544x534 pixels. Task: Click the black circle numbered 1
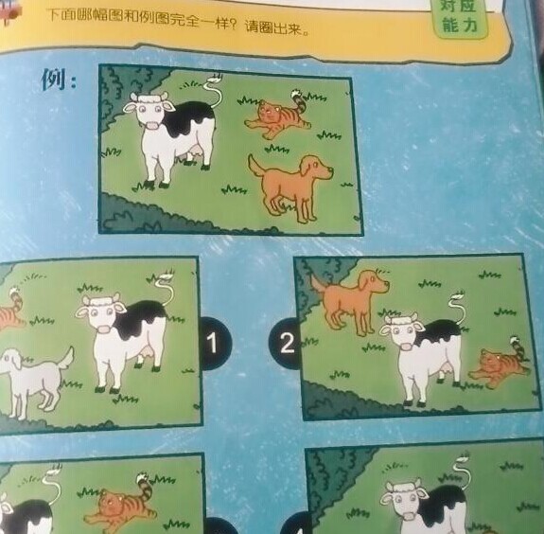point(214,343)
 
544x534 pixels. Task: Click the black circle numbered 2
point(285,343)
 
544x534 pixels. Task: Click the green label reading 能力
point(460,25)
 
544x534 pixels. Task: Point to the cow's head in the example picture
point(149,110)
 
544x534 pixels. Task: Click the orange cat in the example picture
point(277,115)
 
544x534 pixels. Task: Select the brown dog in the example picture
point(290,187)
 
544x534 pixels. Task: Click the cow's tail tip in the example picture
point(214,80)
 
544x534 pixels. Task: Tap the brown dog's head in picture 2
point(374,282)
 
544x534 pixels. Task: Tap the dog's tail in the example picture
point(256,165)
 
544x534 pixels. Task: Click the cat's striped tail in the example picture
point(299,100)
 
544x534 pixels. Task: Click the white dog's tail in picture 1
point(66,358)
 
